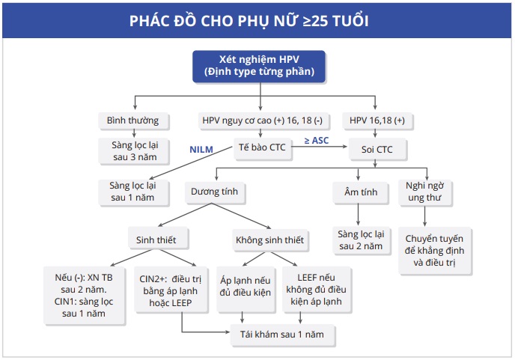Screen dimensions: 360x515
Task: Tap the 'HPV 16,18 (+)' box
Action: pos(378,120)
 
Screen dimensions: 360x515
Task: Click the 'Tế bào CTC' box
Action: pos(261,148)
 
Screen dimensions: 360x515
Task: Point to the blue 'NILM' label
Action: pos(201,150)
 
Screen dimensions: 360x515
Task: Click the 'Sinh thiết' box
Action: pos(156,240)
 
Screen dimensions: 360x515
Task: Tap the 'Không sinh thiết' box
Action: pos(270,240)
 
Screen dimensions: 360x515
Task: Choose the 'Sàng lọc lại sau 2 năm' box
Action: pos(361,240)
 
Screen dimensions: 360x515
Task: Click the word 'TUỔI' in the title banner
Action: pos(347,20)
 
